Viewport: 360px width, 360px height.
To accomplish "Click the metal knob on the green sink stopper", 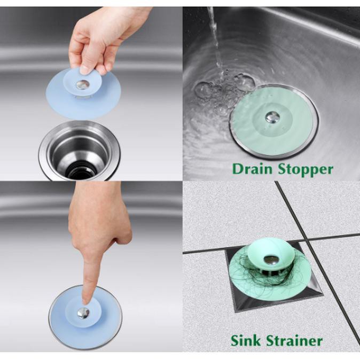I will click(x=271, y=115).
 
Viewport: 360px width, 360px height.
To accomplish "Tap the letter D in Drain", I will click(x=237, y=169).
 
